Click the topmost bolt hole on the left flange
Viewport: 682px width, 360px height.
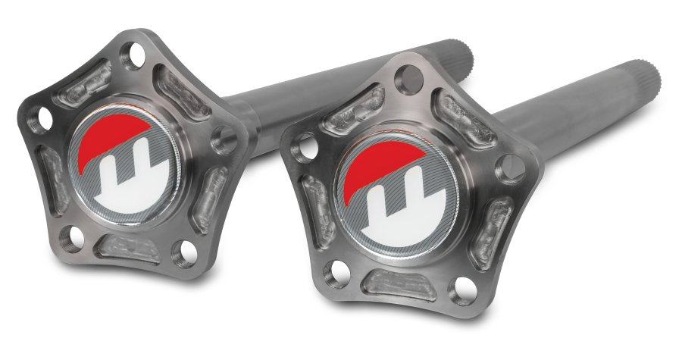[x=136, y=55]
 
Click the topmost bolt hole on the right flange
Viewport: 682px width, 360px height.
[x=405, y=75]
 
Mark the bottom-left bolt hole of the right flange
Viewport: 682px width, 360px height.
[x=331, y=271]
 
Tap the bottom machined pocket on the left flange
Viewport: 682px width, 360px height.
[x=127, y=247]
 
